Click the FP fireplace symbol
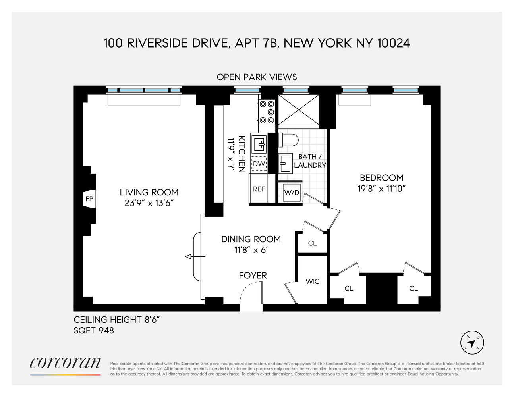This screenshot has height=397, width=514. point(89,198)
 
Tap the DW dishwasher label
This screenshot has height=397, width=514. point(259,164)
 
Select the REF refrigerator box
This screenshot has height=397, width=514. point(259,189)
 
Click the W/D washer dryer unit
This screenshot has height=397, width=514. point(291,193)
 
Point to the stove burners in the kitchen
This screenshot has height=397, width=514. point(267,112)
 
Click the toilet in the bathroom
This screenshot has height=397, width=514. point(288,140)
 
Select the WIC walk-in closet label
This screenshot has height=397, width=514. point(313,281)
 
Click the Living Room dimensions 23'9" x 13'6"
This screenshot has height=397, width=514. point(149,204)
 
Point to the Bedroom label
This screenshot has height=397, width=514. point(381,177)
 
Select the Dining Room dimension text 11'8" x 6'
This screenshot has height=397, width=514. point(251,250)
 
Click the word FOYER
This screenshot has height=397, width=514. point(253,275)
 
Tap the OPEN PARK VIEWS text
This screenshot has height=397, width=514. point(257,77)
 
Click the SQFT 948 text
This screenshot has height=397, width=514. point(94,330)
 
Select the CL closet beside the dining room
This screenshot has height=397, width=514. point(313,243)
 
